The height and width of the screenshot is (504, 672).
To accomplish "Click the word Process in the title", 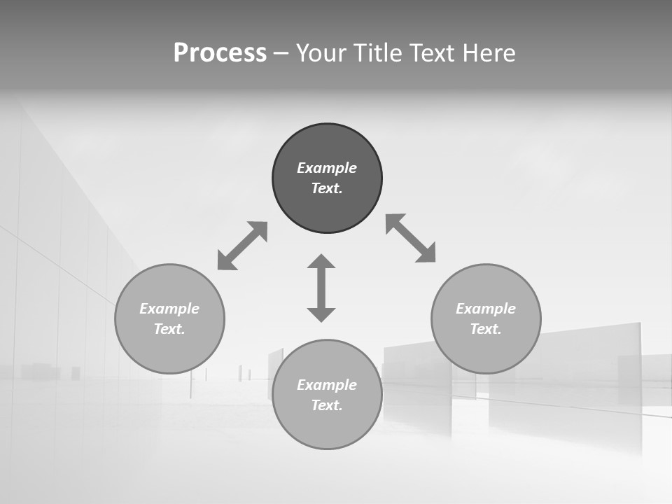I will (x=220, y=53).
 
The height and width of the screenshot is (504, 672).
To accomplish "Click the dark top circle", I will (x=327, y=143).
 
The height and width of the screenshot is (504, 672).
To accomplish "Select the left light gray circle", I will (x=169, y=350).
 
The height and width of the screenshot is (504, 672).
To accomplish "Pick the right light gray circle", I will (x=486, y=350).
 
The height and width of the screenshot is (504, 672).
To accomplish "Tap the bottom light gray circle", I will (x=327, y=427).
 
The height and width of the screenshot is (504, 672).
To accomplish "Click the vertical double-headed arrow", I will (x=321, y=288).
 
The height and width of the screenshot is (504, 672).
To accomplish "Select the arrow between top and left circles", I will (x=242, y=246).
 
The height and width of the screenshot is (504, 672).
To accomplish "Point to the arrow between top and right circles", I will (x=411, y=238).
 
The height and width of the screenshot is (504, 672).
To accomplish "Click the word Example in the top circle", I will (x=327, y=168).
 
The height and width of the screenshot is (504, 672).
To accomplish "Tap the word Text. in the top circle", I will (x=327, y=188).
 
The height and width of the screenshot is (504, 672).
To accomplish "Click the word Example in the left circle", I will (x=169, y=309).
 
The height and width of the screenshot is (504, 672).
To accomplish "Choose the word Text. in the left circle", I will (x=169, y=329).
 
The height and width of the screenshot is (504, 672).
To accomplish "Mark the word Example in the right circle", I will (x=486, y=309).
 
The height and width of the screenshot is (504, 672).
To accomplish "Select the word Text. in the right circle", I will (x=486, y=329).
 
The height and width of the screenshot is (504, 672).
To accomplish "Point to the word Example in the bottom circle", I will (x=327, y=385).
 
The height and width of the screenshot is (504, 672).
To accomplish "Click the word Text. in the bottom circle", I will (x=327, y=405).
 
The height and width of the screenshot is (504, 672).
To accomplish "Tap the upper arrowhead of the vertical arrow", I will (x=321, y=262).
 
